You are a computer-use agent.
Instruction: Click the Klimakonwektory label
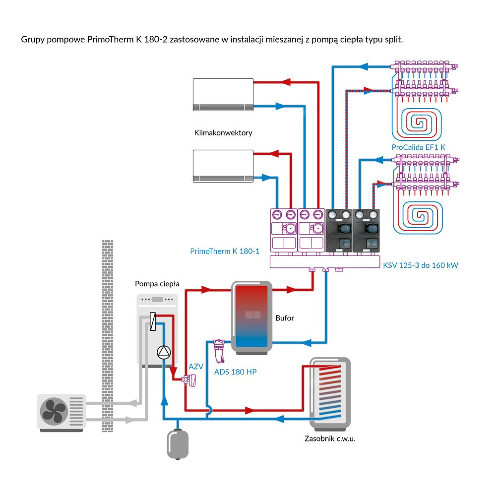point(224,133)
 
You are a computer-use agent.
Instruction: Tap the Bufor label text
point(285,318)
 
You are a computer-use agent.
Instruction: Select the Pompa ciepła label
point(157,284)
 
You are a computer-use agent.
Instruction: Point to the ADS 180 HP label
point(235,372)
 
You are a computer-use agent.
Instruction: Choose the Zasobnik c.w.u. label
point(330,438)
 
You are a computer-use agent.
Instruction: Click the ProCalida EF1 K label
point(419,147)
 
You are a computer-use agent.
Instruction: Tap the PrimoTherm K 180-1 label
point(225,251)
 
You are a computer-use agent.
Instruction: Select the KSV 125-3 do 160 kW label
point(420,265)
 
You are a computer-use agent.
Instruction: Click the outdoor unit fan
point(54,412)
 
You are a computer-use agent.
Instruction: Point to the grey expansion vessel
point(177,443)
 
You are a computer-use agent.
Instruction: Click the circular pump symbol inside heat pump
point(163,352)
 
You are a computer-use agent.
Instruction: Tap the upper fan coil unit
point(223,94)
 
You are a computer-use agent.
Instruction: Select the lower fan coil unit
point(223,166)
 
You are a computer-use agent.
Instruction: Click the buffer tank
point(251,317)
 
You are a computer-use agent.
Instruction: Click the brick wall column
point(107,332)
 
